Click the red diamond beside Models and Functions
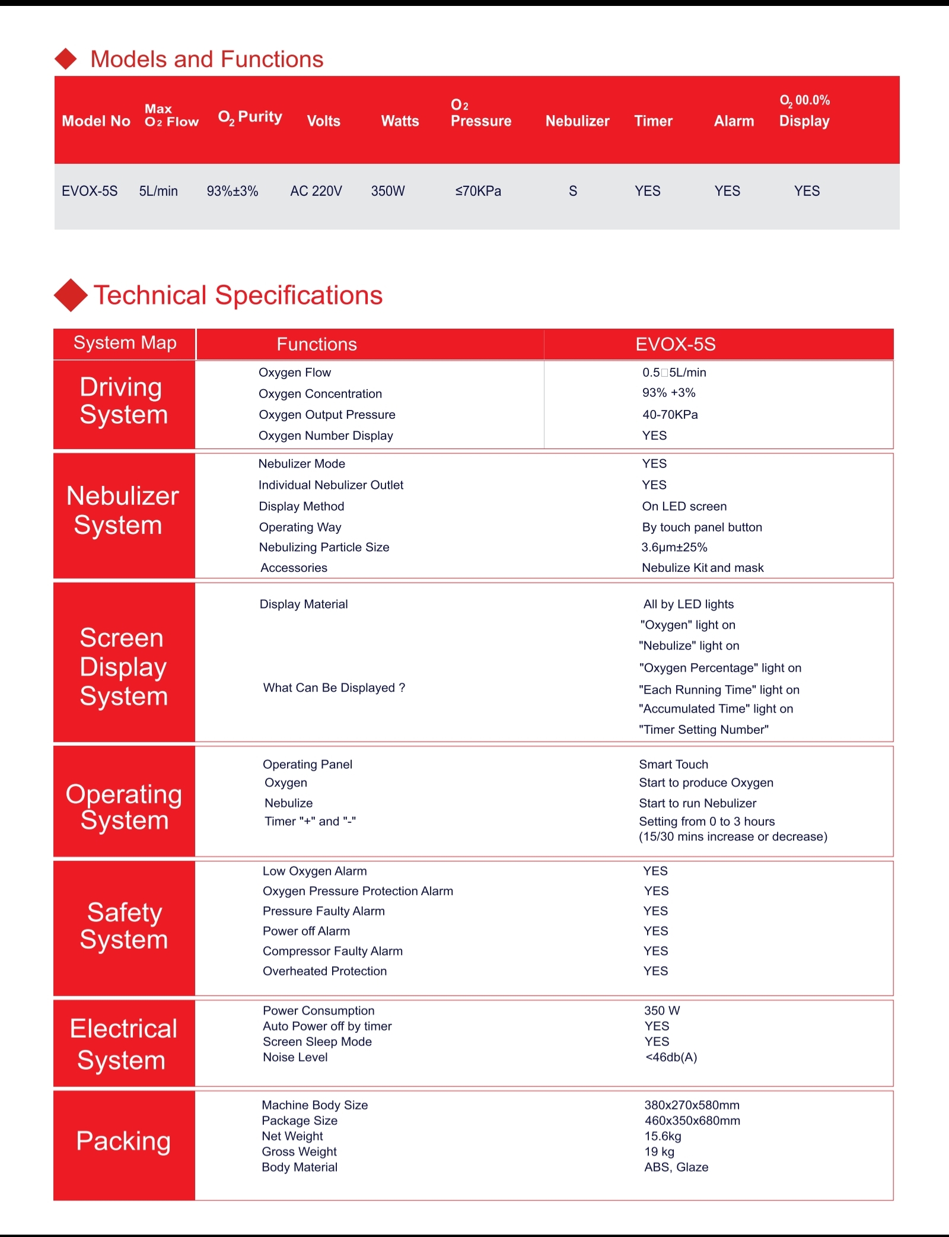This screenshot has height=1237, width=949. pyautogui.click(x=66, y=59)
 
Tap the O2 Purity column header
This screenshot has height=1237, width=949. pyautogui.click(x=250, y=117)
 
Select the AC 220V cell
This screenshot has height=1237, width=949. pyautogui.click(x=316, y=191)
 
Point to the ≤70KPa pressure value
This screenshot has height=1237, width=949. pyautogui.click(x=478, y=191)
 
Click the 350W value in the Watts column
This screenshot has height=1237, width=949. pyautogui.click(x=388, y=191)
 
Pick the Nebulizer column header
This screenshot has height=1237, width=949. pyautogui.click(x=577, y=121)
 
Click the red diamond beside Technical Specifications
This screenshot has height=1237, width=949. pyautogui.click(x=71, y=295)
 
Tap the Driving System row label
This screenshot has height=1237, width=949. pyautogui.click(x=123, y=401)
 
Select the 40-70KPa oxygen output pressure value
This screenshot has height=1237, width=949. pyautogui.click(x=670, y=415)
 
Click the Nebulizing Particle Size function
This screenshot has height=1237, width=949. pyautogui.click(x=324, y=547)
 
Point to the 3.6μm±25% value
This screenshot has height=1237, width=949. pyautogui.click(x=674, y=547)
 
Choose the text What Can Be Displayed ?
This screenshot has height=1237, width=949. pyautogui.click(x=334, y=688)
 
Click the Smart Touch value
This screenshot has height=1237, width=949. pyautogui.click(x=673, y=764)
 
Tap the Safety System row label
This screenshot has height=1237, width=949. pyautogui.click(x=124, y=926)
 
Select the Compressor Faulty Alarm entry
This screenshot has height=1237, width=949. pyautogui.click(x=332, y=951)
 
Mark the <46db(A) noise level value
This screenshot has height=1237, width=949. pyautogui.click(x=671, y=1057)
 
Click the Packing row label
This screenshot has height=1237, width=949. pyautogui.click(x=123, y=1141)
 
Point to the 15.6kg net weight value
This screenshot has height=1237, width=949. pyautogui.click(x=663, y=1136)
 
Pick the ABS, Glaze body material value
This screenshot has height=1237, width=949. pyautogui.click(x=676, y=1167)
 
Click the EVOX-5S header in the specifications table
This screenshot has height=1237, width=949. pyautogui.click(x=676, y=344)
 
